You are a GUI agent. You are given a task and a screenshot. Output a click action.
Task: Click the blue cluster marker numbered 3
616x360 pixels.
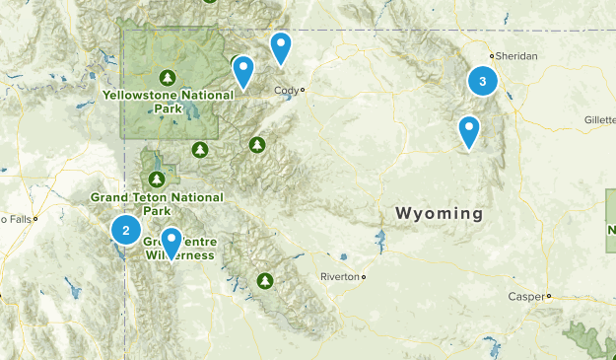click(x=482, y=82)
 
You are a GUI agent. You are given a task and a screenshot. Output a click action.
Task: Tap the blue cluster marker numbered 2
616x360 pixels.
click(x=125, y=230)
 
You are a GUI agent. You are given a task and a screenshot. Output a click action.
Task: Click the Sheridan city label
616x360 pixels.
click(x=516, y=56)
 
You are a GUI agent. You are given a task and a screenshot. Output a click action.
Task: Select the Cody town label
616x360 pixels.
click(x=285, y=91)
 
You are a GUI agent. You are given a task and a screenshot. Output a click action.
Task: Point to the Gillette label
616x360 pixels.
click(x=599, y=118)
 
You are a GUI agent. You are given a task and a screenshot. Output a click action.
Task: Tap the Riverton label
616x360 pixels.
click(x=340, y=277)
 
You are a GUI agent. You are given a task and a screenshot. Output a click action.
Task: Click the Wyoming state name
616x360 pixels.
click(x=440, y=213)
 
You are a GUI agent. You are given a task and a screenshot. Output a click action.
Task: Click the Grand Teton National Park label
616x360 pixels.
click(x=158, y=203)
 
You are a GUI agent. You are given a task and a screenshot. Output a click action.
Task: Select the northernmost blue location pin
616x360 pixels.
click(x=281, y=47)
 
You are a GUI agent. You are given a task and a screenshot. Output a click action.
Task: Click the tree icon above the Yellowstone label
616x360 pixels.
click(x=167, y=77)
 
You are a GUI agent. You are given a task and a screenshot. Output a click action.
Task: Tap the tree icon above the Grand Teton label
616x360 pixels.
click(x=156, y=179)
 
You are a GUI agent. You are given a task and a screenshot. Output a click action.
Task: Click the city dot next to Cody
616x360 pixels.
click(x=303, y=91)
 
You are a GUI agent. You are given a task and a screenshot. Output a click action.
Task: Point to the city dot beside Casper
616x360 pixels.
click(x=548, y=295)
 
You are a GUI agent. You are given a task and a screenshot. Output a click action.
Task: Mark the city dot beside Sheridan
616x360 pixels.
click(x=494, y=56)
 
